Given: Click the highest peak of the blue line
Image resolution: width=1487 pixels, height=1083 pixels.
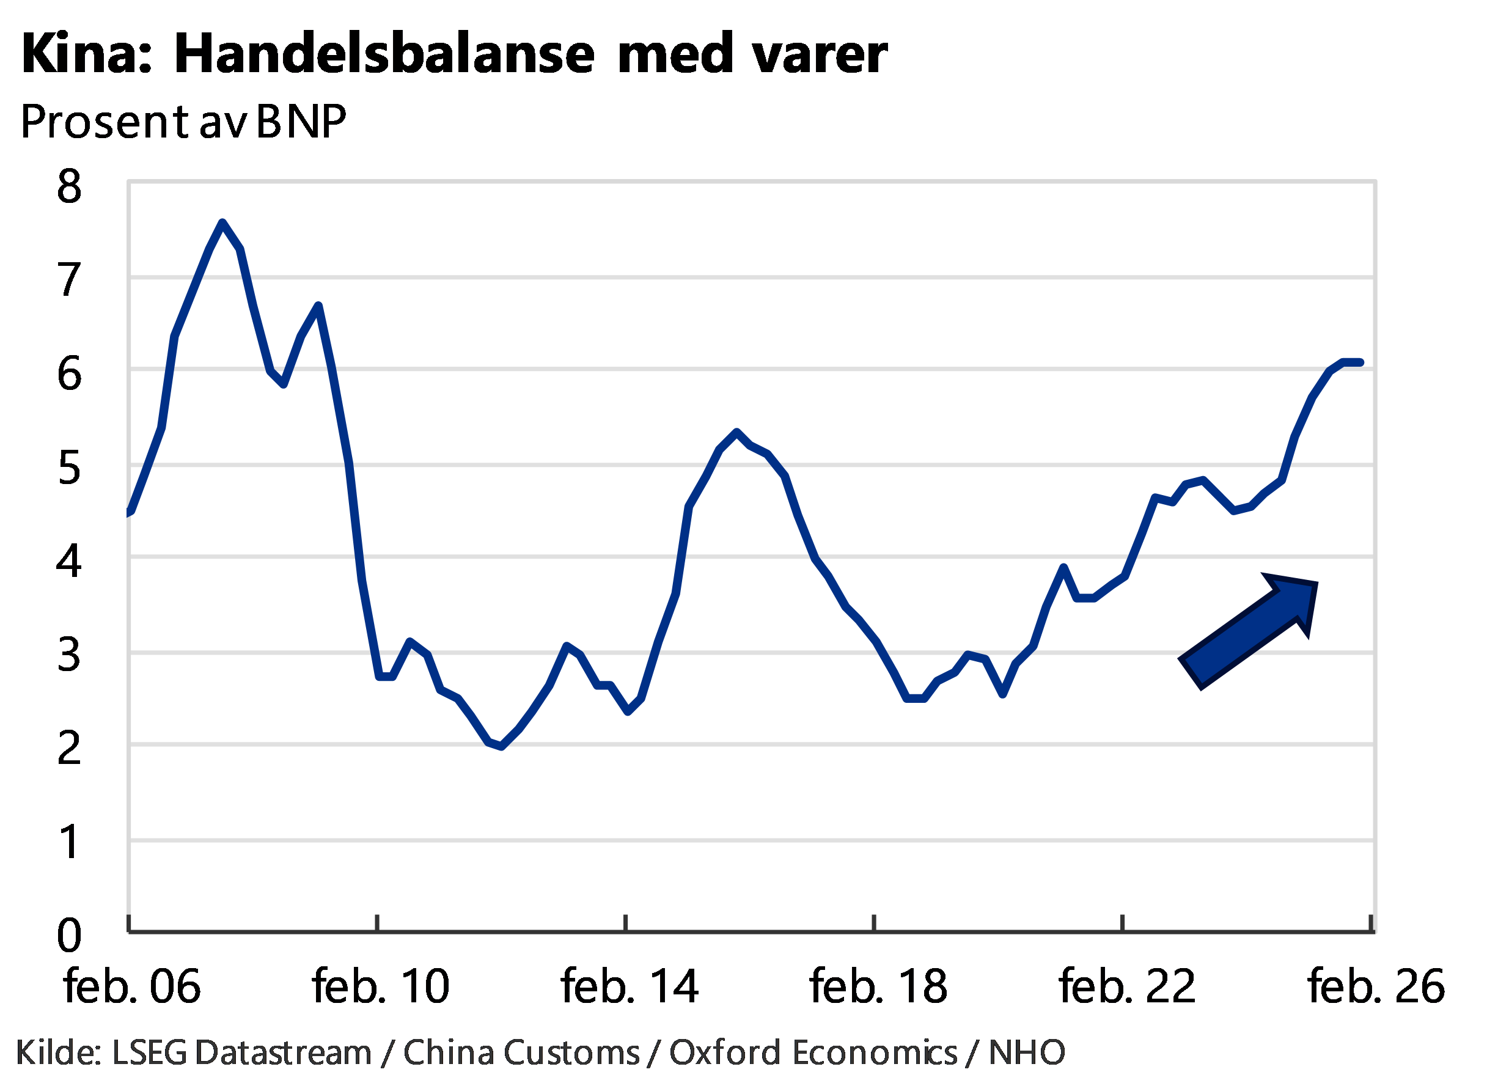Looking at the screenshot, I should (222, 222).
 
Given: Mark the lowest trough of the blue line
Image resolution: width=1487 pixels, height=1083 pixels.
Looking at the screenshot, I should (502, 746).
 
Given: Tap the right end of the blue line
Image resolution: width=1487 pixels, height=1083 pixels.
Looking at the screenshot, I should (1362, 362).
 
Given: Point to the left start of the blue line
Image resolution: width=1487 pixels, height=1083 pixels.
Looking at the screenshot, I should (130, 514).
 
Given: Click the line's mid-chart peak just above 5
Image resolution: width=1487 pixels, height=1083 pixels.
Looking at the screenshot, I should (736, 431).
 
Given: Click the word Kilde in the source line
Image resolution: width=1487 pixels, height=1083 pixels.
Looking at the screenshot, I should (57, 1053).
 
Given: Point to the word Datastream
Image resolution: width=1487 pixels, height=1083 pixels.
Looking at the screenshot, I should (283, 1053).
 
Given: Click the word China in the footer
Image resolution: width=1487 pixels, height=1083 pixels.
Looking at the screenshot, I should (445, 1053).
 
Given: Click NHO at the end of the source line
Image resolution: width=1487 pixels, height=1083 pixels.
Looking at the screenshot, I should (1026, 1053).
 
